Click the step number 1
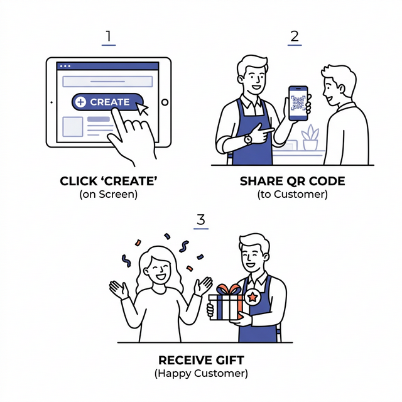(x=109, y=36)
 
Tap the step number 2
(x=295, y=36)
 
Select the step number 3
(x=201, y=219)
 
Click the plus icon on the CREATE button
(x=80, y=102)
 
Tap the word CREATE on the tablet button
(x=110, y=102)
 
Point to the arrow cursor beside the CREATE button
(x=142, y=109)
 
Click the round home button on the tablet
(x=165, y=102)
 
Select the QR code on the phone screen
(x=298, y=102)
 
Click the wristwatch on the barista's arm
(x=248, y=139)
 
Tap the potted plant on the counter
(x=310, y=138)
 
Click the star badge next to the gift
(x=253, y=297)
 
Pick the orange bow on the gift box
(x=229, y=289)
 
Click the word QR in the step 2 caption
(x=296, y=182)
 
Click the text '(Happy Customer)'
(x=201, y=373)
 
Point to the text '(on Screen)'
(x=109, y=194)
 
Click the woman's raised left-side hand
(x=119, y=290)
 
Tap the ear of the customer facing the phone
(x=341, y=89)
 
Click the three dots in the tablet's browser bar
(x=65, y=66)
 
